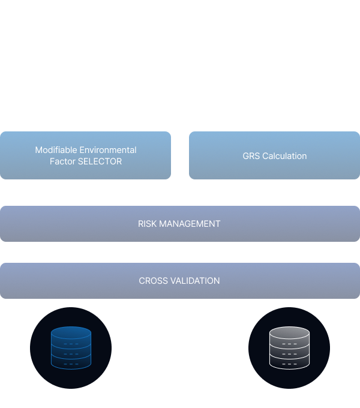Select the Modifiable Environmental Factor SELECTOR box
coord(86,155)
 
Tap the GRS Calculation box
coord(274,156)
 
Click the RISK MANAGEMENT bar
coord(179,224)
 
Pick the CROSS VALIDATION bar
coord(179,280)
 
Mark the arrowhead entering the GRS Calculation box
coord(274,128)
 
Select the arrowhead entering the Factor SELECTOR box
coord(86,128)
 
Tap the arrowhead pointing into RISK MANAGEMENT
coord(180,203)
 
